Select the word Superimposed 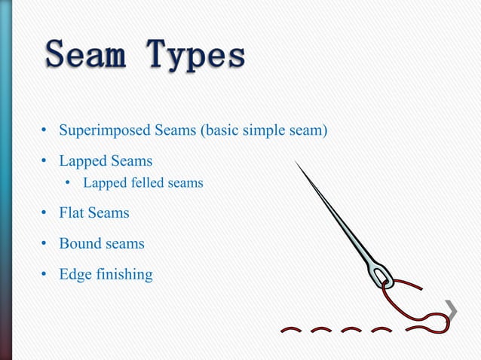pyautogui.click(x=105, y=132)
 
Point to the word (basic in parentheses pyautogui.click(x=219, y=132)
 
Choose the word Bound pyautogui.click(x=79, y=244)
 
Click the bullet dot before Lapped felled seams pyautogui.click(x=67, y=183)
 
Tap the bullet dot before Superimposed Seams pyautogui.click(x=44, y=132)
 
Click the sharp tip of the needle pyautogui.click(x=296, y=163)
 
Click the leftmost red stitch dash pyautogui.click(x=293, y=329)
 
